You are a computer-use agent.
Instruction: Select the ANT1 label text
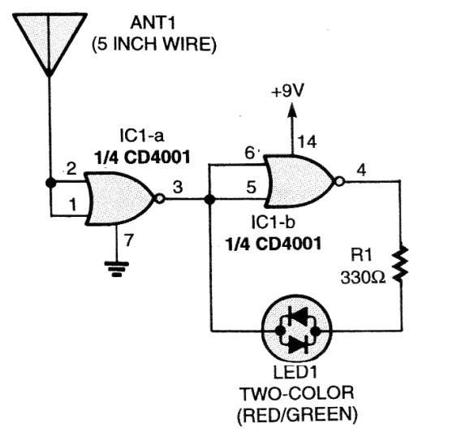point(153,24)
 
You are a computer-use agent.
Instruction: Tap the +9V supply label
point(287,92)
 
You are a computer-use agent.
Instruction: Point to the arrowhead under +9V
point(291,110)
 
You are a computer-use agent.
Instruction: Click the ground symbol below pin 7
point(117,269)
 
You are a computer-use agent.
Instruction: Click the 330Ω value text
point(363,277)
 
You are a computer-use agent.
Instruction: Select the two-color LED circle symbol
point(296,331)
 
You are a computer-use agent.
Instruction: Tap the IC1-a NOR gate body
point(120,199)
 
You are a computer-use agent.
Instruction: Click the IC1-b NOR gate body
point(299,182)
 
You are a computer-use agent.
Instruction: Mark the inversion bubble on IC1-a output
point(160,199)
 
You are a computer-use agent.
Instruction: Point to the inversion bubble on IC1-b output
point(340,182)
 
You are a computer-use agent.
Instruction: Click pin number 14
point(307,142)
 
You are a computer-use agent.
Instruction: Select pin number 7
point(129,240)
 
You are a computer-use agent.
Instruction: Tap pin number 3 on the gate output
point(178,187)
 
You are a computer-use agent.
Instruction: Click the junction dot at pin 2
point(50,183)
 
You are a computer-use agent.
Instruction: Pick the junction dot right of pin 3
point(209,199)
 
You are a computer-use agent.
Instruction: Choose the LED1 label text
point(295,373)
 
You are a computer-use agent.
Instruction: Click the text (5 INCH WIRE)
point(154,45)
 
